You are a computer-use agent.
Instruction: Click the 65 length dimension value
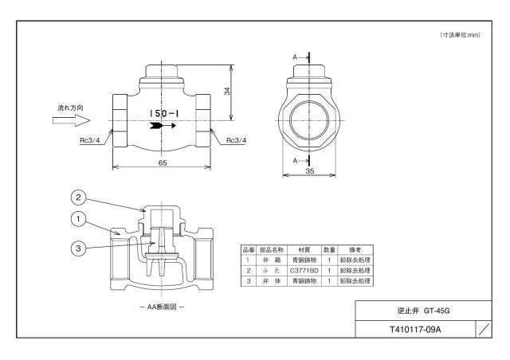[x=163, y=162]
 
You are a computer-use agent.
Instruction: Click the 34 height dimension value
[x=227, y=92]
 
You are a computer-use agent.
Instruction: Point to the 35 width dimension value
[x=310, y=170]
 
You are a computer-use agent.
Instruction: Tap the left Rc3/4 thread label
[x=90, y=141]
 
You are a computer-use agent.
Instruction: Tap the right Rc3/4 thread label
[x=237, y=140]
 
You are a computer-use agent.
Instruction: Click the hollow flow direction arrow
[x=72, y=120]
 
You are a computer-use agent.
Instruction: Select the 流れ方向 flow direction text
[x=71, y=108]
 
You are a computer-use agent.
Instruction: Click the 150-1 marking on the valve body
[x=164, y=114]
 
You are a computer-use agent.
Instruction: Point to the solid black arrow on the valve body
[x=163, y=126]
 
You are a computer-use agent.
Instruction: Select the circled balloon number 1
[x=78, y=219]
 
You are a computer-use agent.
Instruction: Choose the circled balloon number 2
[x=78, y=198]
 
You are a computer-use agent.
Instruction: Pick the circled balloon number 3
[x=78, y=248]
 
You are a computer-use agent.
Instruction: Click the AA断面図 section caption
[x=162, y=307]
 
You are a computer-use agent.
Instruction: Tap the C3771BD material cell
[x=304, y=271]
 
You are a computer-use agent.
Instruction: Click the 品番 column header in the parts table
[x=249, y=250]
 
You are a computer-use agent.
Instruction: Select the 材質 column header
[x=304, y=250]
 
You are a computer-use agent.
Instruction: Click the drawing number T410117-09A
[x=415, y=330]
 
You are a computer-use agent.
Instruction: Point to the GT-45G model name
[x=437, y=311]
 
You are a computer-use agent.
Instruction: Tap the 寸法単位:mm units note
[x=461, y=35]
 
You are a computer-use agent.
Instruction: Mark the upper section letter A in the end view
[x=295, y=57]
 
